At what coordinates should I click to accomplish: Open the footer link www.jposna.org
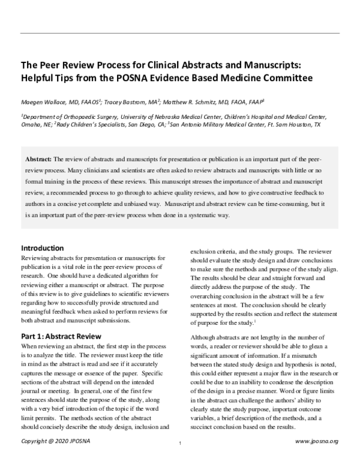[x=317, y=458]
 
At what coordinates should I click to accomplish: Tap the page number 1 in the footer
[x=180, y=459]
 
